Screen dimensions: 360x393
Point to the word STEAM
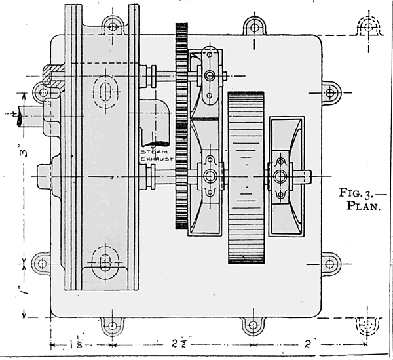coord(153,151)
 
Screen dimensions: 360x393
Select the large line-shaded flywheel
coord(246,177)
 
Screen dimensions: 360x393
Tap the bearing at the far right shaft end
coord(282,176)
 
